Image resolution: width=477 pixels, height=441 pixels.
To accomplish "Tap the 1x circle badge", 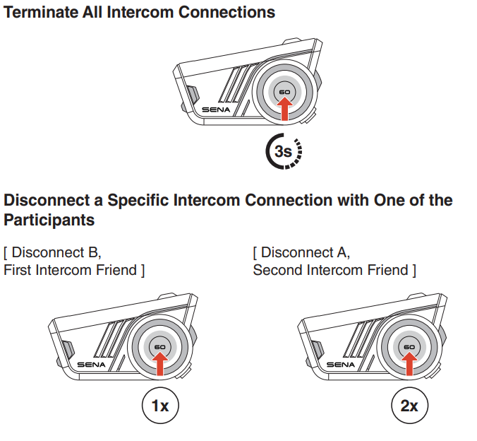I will pos(160,406).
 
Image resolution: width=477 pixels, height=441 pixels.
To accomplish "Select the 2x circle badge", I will pos(409,406).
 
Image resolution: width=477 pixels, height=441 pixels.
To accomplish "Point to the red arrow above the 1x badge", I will pos(160,363).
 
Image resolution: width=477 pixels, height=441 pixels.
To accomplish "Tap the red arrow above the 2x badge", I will pos(409,363).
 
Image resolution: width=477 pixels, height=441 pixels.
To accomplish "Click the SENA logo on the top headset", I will pos(215,110).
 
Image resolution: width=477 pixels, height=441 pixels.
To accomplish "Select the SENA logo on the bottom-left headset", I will pos(91,364).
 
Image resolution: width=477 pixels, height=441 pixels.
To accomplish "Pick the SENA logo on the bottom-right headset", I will pos(340,364).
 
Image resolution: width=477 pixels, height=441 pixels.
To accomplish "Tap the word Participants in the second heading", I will pos(49,220).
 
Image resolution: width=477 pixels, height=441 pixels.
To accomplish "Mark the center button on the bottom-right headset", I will pos(409,347).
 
